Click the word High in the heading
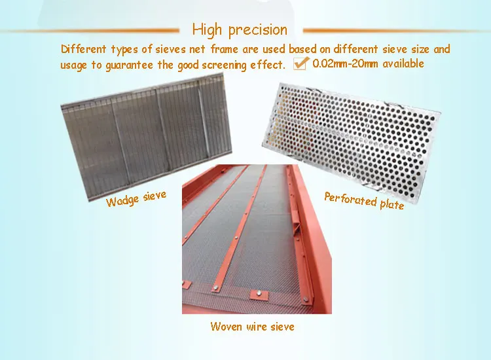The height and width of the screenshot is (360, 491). coord(206,30)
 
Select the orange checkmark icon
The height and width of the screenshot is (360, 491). coord(301,63)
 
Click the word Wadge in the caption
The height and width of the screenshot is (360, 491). coord(122,200)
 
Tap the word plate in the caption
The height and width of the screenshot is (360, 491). coord(392,204)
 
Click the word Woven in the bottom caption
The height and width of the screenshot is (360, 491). coord(226,326)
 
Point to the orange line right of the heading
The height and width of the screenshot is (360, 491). coord(393,30)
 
